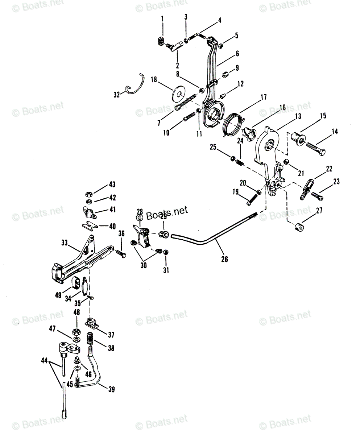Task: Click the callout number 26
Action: coord(224,259)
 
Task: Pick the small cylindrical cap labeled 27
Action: coord(299,227)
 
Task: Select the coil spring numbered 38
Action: coord(91,340)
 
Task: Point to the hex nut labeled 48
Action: coord(76,331)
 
